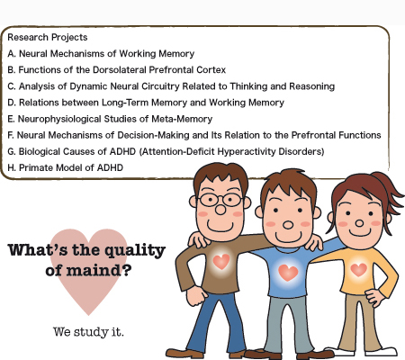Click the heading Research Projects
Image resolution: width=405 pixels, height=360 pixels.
(48, 38)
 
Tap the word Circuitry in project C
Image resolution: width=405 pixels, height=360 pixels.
(160, 86)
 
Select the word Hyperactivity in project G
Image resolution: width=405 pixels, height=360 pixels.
(246, 151)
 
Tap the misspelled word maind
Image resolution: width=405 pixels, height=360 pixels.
(93, 270)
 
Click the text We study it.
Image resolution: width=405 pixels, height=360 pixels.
(88, 332)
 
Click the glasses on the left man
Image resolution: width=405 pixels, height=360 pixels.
(220, 200)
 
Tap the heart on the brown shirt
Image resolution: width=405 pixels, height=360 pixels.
(221, 261)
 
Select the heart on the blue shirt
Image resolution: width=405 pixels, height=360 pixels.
(288, 272)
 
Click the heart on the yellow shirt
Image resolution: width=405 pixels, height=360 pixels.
(359, 269)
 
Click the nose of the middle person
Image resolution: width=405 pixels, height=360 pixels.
(288, 225)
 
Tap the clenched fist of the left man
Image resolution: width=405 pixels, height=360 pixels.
(196, 295)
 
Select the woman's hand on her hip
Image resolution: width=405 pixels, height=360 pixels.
(375, 297)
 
